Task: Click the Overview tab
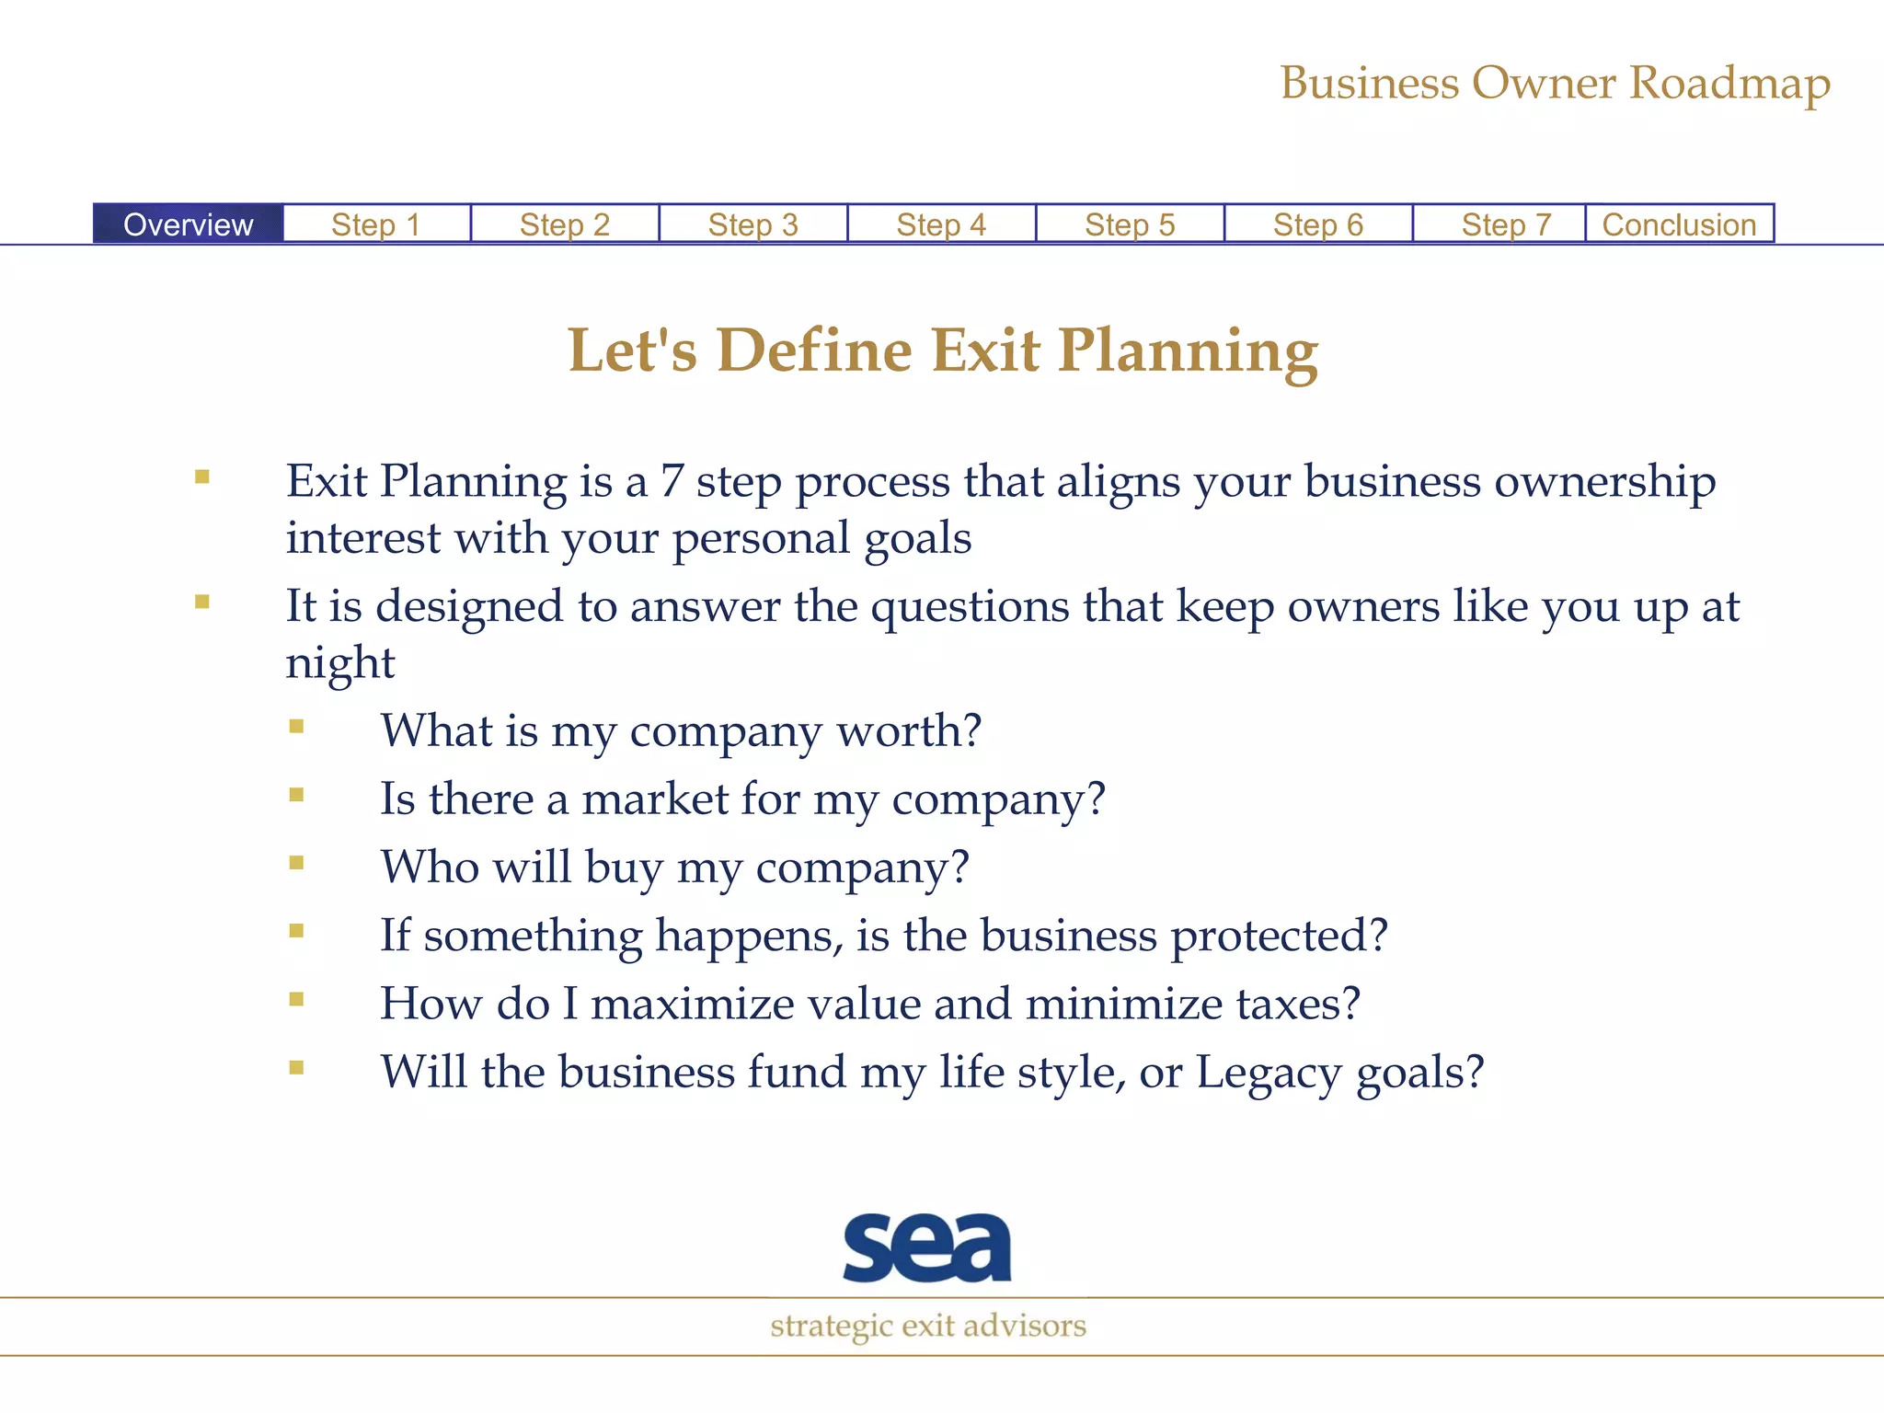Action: (188, 224)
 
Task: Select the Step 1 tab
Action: (376, 224)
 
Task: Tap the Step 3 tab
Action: (752, 224)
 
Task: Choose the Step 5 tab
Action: (1130, 224)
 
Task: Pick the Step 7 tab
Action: (1506, 224)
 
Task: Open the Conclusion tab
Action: (1679, 224)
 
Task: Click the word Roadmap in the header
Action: (1729, 84)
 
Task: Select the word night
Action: (339, 663)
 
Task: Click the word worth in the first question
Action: (897, 731)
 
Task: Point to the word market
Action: (655, 798)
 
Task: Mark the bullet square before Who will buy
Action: (296, 863)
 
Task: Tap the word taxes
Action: (1288, 1004)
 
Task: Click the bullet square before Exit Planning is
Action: (202, 477)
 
